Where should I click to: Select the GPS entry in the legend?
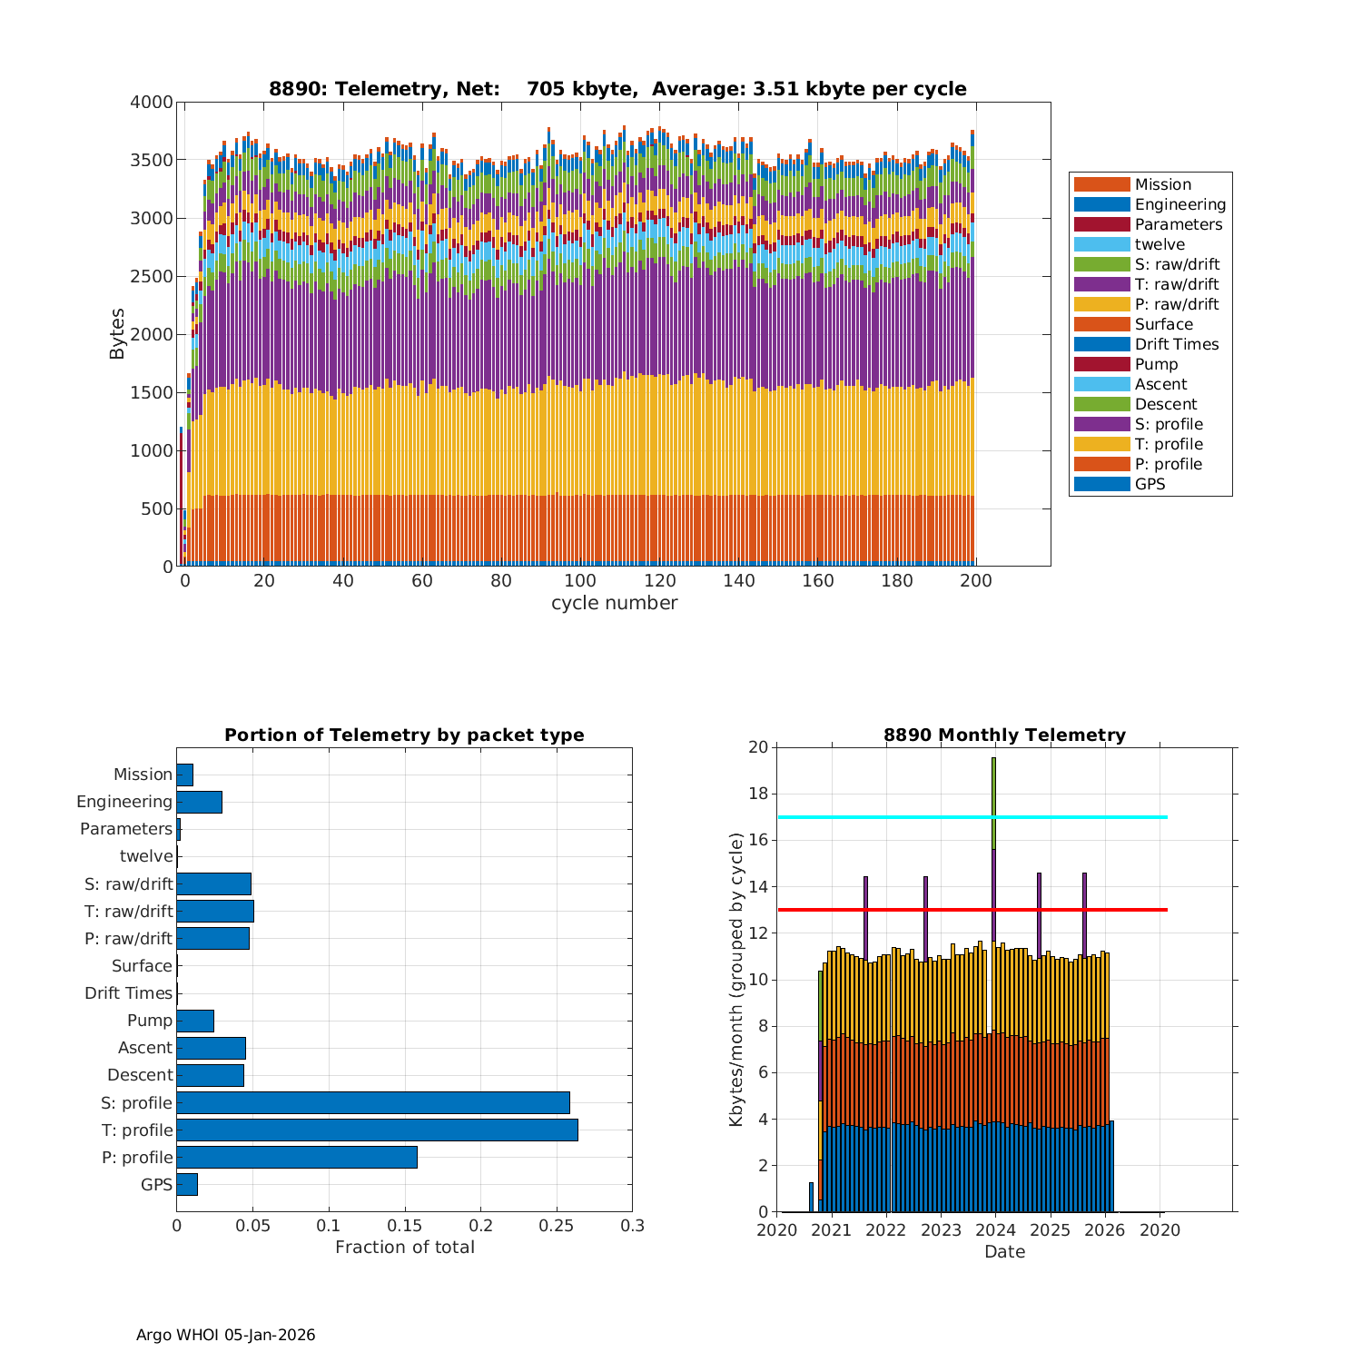pos(1150,484)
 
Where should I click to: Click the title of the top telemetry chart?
pos(617,89)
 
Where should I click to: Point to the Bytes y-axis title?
pos(117,334)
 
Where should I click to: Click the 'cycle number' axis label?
pos(614,603)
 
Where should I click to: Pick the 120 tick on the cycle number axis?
pos(660,581)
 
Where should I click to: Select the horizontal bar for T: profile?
pos(377,1130)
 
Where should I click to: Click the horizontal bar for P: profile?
pos(297,1157)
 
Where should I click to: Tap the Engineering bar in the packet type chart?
pos(199,802)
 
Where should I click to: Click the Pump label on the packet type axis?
pos(150,1021)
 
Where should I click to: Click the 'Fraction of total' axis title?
pos(404,1248)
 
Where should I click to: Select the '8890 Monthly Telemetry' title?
pos(1004,735)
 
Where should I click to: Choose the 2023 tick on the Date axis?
pos(941,1230)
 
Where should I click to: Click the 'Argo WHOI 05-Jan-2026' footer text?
pos(225,1335)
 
